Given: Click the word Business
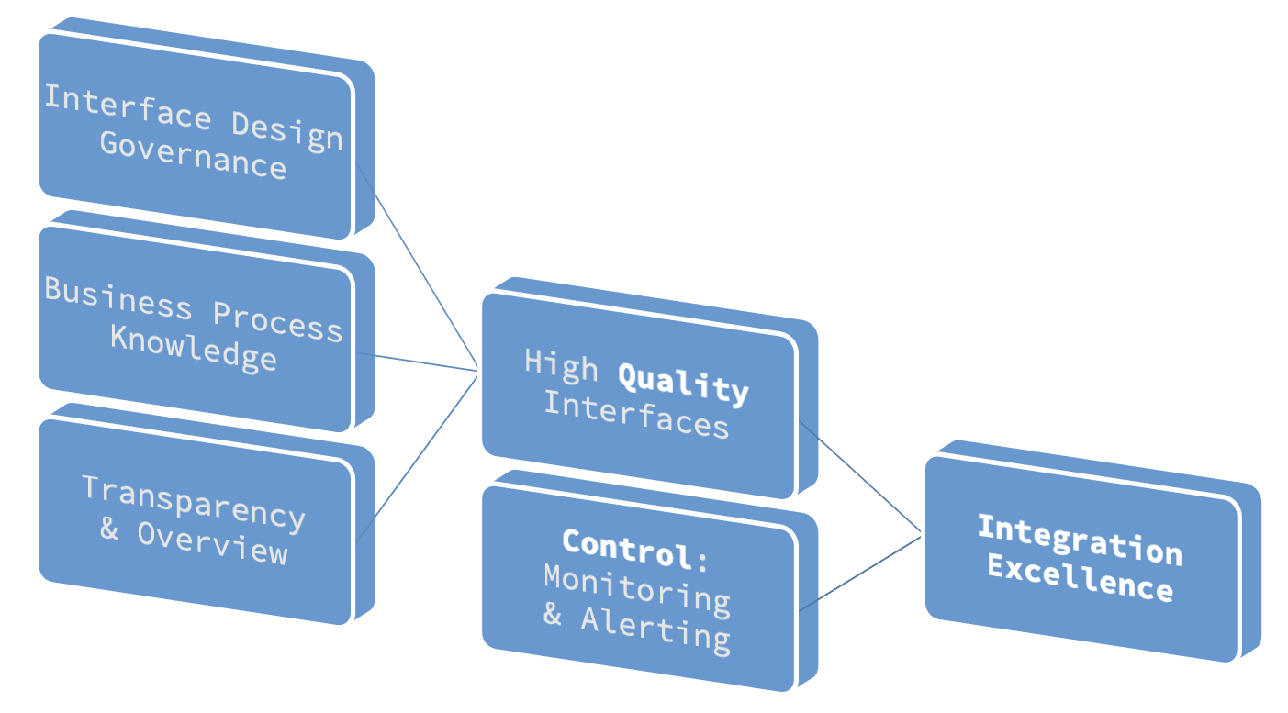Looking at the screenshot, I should [x=118, y=297].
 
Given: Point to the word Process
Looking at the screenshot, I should [x=277, y=321].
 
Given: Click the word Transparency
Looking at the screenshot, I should [x=193, y=503].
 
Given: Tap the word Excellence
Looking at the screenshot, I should [x=1080, y=579].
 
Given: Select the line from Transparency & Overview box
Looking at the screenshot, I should [x=418, y=455].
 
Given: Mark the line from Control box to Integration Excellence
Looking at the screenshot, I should [x=859, y=573].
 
